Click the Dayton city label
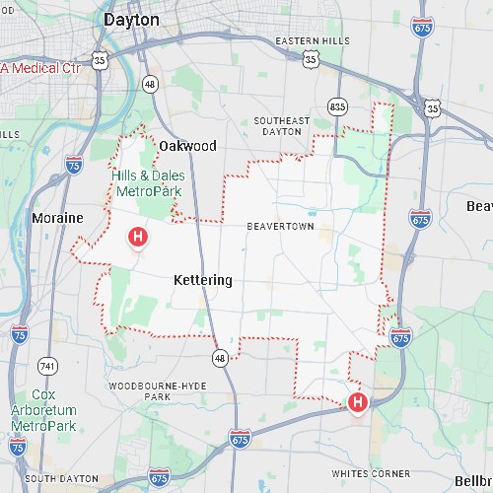pyautogui.click(x=131, y=19)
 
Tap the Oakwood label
pyautogui.click(x=187, y=146)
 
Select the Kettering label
pyautogui.click(x=202, y=280)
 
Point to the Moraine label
pyautogui.click(x=57, y=217)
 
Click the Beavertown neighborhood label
pyautogui.click(x=280, y=227)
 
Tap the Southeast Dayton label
pyautogui.click(x=281, y=127)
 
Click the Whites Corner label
pyautogui.click(x=370, y=473)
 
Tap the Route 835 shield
pyautogui.click(x=337, y=106)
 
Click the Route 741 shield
pyautogui.click(x=47, y=365)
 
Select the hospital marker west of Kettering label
pyautogui.click(x=138, y=237)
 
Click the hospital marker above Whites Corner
pyautogui.click(x=357, y=401)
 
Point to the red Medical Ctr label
pyautogui.click(x=39, y=68)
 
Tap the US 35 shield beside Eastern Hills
pyautogui.click(x=311, y=60)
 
